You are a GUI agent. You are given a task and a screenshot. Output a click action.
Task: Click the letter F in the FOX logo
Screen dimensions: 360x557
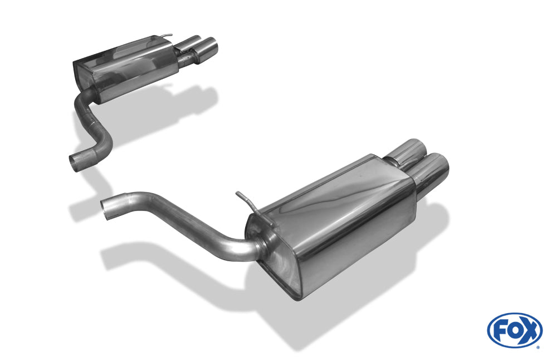pyautogui.click(x=500, y=330)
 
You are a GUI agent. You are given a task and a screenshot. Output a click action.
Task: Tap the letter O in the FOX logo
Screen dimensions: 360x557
pyautogui.click(x=514, y=330)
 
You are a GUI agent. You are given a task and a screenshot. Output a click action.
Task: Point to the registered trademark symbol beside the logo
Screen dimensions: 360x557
pyautogui.click(x=538, y=347)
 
